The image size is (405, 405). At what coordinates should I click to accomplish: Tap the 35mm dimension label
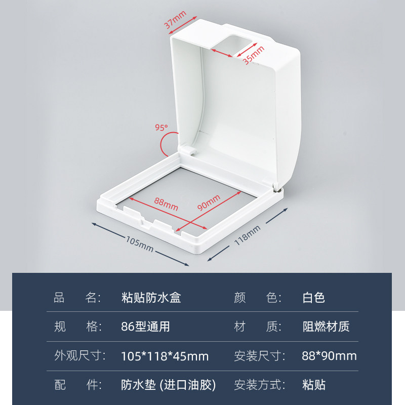click(x=253, y=55)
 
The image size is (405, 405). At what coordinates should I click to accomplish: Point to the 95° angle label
click(x=161, y=128)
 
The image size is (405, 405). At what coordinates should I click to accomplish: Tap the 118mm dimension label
click(x=248, y=236)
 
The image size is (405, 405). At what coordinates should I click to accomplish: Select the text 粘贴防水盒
click(x=151, y=297)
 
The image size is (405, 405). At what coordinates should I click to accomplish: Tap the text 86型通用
click(x=146, y=327)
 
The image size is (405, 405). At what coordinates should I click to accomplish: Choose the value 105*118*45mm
click(x=165, y=356)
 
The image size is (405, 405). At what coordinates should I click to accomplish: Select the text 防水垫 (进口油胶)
click(x=169, y=385)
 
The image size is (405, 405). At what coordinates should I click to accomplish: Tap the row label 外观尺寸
click(x=79, y=356)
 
